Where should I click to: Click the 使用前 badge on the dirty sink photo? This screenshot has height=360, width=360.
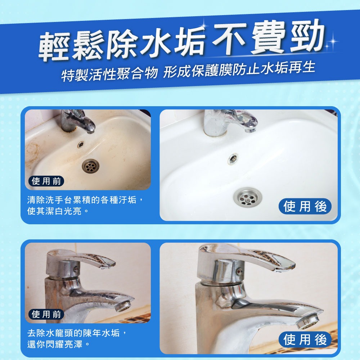point(46,181)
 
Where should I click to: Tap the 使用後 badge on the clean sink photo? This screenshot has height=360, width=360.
point(305,206)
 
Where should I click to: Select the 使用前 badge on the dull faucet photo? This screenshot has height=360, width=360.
point(46,314)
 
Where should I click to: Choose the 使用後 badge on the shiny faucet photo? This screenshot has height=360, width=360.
point(305,339)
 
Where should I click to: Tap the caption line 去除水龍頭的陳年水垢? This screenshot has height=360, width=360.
point(78,333)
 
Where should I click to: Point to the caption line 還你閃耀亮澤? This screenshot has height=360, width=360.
point(58,344)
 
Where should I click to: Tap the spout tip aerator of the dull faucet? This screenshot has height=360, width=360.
point(124,306)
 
